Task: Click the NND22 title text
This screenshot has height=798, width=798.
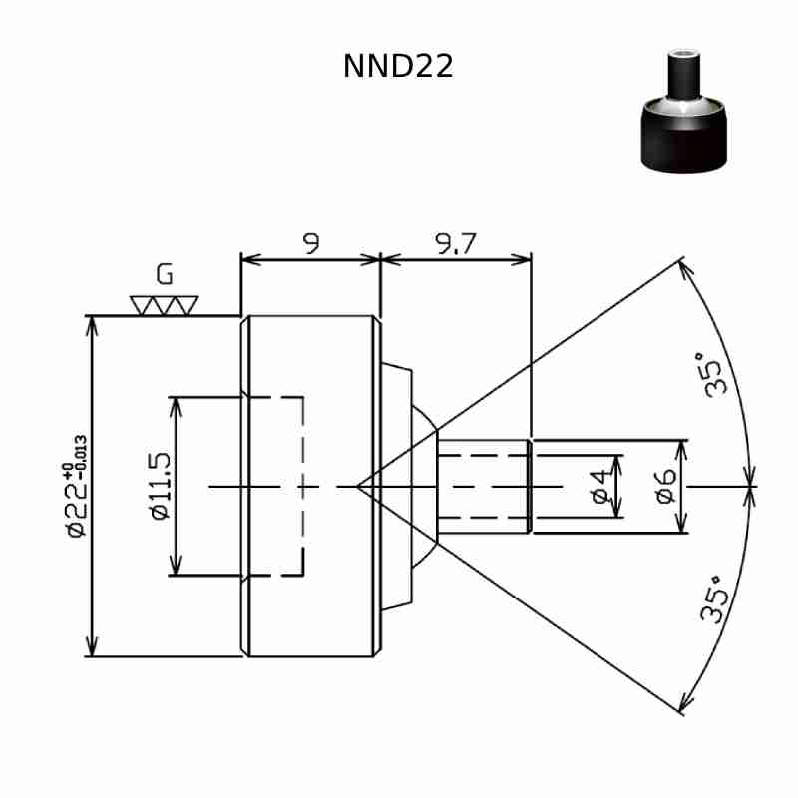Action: coord(398,66)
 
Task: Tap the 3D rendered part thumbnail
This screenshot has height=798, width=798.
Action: coord(683,111)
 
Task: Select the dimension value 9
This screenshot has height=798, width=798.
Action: coord(311,243)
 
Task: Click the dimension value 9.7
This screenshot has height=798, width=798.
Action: coord(456,243)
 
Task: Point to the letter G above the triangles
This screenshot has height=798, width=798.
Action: coord(165,275)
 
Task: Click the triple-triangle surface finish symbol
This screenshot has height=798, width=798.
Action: coord(164,306)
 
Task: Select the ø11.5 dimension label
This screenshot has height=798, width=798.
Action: coord(161,486)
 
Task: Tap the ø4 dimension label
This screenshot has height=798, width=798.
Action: coord(601,487)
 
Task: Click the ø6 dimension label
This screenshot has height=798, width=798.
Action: coord(666,486)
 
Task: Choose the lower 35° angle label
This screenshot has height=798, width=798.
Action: coord(713,600)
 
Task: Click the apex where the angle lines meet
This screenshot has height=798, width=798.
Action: coord(357,487)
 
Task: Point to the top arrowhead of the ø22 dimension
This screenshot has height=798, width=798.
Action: coord(91,326)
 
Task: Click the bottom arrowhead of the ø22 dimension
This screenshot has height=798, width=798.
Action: coord(91,646)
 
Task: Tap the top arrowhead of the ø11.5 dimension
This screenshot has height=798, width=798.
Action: coord(176,407)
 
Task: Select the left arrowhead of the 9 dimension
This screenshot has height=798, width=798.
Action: coord(251,260)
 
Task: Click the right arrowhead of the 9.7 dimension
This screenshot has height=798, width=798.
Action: coord(521,260)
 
